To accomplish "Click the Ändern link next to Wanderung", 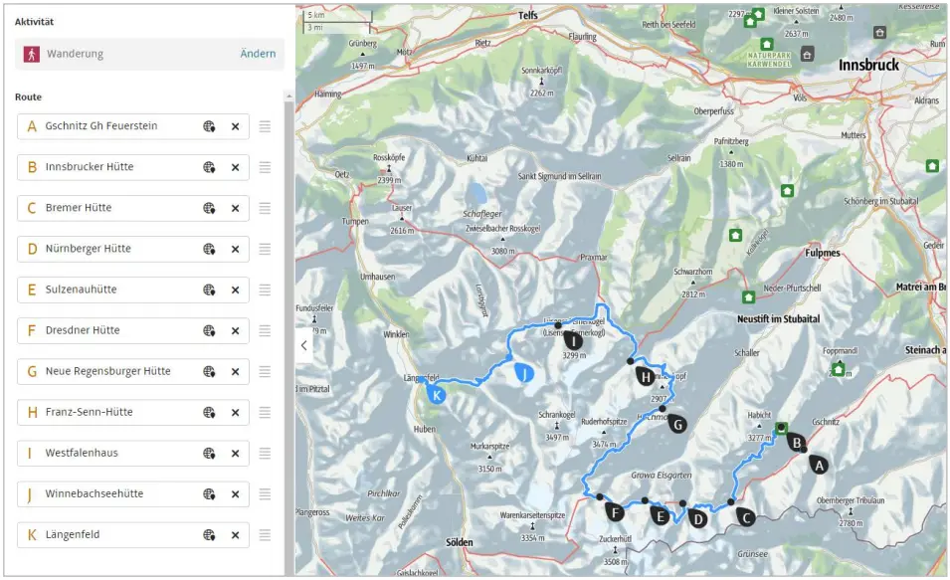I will coord(258,54).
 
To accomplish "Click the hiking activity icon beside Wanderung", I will coord(31,54).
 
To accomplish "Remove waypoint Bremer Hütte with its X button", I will coord(236,208).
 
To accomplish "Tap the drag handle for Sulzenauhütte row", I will coord(265,290).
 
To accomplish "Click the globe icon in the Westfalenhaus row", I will coord(210,453).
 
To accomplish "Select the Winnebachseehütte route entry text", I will coord(95,493).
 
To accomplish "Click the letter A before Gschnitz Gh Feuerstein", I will coord(32,126).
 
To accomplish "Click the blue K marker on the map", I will coord(436,394).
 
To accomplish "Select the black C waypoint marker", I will coord(745,515).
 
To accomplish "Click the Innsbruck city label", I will coord(868,66).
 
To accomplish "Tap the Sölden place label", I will coord(453,542).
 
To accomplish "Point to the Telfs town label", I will coord(527,16).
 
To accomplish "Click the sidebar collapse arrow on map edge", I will coord(303,345).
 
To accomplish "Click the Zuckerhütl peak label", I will coord(615,537).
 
